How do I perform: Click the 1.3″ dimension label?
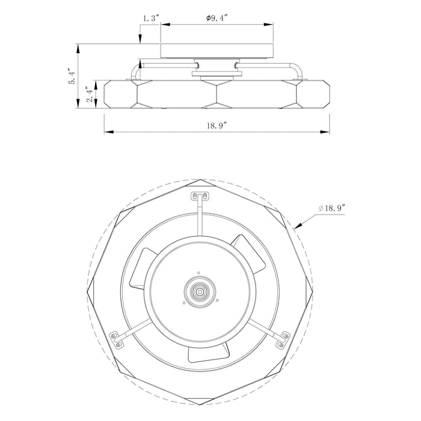coord(151,18)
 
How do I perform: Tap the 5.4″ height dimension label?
coord(72,75)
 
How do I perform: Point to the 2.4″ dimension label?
coord(91,94)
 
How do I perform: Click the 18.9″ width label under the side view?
coord(217,125)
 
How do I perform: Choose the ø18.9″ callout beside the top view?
coord(331,208)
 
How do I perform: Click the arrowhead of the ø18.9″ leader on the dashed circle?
coord(298,226)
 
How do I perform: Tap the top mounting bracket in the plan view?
coord(200,196)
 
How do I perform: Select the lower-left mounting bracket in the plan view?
coord(115,339)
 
